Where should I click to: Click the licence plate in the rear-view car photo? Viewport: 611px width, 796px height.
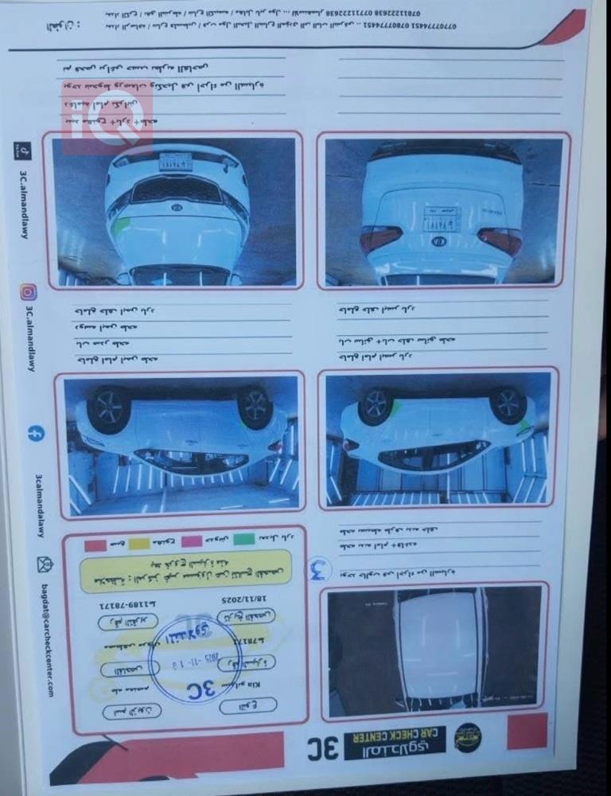tap(442, 217)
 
